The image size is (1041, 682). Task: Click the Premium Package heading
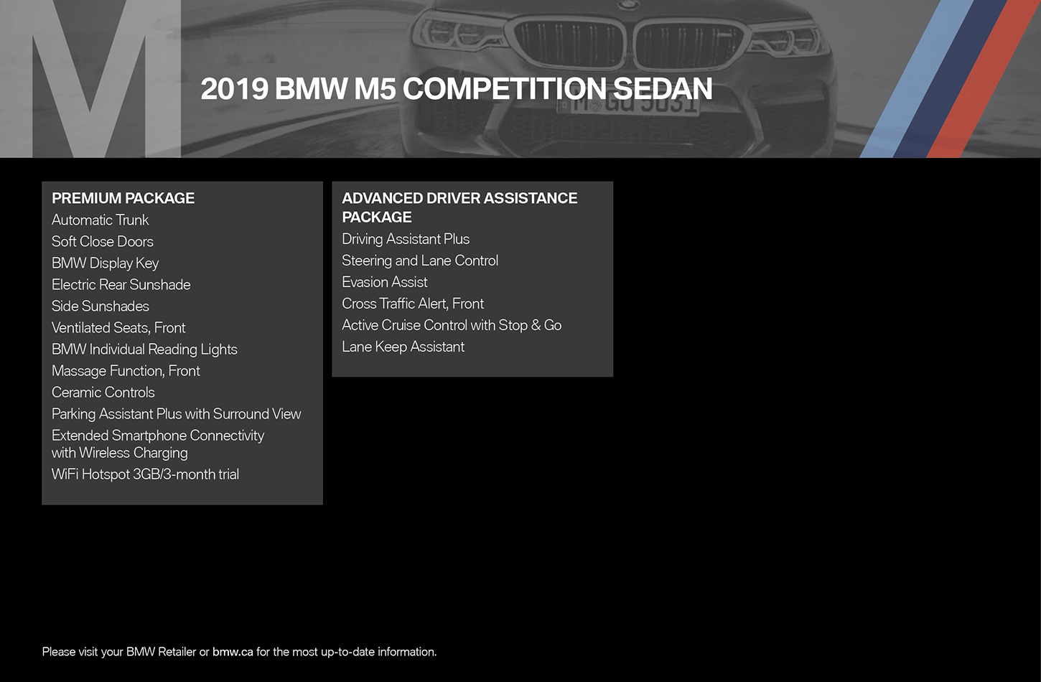click(x=123, y=198)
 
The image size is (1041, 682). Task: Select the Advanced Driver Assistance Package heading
click(x=459, y=207)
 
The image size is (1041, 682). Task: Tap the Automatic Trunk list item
click(x=100, y=220)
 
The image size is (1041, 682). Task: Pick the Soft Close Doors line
click(x=102, y=242)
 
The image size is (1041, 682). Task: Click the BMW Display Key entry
click(x=105, y=263)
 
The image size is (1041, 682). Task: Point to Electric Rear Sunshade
click(x=121, y=284)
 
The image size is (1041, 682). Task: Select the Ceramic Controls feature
click(x=103, y=393)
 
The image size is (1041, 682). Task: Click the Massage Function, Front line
click(x=126, y=371)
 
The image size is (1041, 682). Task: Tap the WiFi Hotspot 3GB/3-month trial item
click(x=145, y=475)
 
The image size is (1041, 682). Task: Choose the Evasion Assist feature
click(x=384, y=282)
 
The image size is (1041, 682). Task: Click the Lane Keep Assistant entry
click(x=403, y=347)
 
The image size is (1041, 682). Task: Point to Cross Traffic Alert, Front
click(x=413, y=304)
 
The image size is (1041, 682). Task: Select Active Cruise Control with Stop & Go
click(x=452, y=325)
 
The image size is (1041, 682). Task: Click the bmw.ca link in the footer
click(x=233, y=652)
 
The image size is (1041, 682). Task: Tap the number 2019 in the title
click(x=235, y=89)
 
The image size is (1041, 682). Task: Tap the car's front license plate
click(x=628, y=104)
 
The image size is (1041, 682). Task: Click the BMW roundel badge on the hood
click(x=628, y=4)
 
